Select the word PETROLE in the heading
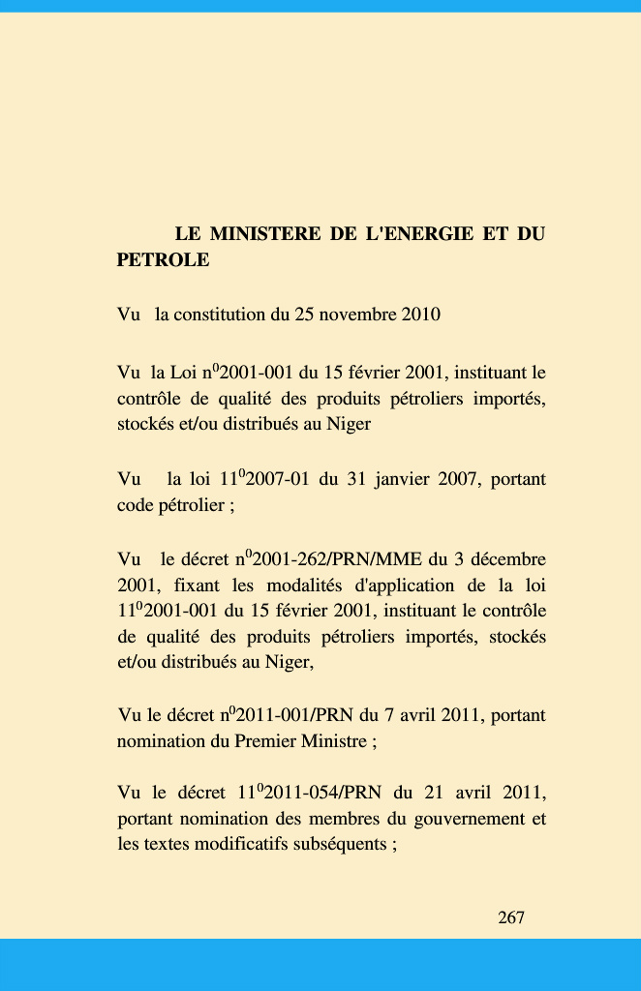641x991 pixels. click(x=163, y=259)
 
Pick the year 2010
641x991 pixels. click(x=419, y=315)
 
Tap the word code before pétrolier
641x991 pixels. click(x=136, y=505)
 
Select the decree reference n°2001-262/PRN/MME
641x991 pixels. click(x=327, y=559)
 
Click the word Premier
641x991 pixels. click(x=265, y=742)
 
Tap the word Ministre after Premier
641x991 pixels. click(x=332, y=742)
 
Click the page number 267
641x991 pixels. click(x=511, y=917)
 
